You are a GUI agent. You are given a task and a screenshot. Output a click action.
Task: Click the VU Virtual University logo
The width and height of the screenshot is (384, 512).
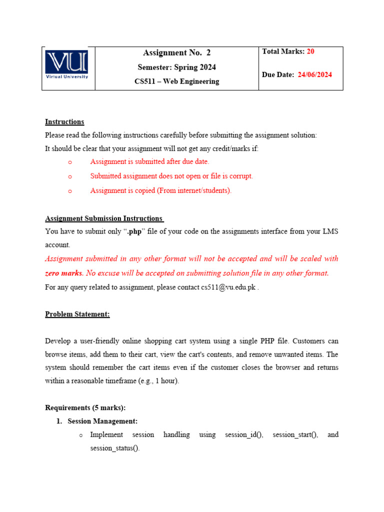coord(67,65)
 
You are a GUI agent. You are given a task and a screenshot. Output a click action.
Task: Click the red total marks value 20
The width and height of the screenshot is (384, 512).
coord(310,51)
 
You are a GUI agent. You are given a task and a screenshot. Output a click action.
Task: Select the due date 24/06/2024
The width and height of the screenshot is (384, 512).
coord(315,75)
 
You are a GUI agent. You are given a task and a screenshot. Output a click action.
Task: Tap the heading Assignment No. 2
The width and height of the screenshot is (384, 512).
coord(176,52)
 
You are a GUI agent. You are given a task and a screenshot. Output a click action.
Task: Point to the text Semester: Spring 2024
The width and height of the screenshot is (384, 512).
coord(176,67)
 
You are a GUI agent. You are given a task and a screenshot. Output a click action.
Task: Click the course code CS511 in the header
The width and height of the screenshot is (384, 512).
coord(144,81)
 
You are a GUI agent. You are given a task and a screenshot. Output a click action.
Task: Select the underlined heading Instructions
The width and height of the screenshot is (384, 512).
coord(64,121)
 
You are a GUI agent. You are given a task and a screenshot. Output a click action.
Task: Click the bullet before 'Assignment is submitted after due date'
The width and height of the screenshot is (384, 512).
coord(69,162)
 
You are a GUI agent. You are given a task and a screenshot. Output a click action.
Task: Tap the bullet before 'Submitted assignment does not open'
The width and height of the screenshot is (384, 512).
coord(69,176)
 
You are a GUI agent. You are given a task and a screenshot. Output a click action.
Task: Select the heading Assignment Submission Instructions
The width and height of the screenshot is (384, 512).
coord(103,218)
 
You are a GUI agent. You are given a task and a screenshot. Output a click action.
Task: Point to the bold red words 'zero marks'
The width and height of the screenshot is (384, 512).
coord(63,273)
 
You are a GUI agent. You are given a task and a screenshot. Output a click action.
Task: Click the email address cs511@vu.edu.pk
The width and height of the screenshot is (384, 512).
coord(228,287)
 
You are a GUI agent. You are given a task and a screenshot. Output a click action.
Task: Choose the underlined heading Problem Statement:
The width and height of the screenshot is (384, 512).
coord(77,314)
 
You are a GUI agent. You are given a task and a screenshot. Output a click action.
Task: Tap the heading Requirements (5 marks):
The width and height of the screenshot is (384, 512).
coord(85,407)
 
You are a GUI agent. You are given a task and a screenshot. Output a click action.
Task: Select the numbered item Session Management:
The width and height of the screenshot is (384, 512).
coord(102,421)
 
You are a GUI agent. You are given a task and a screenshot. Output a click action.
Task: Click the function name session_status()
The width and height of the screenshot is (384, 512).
coord(114,448)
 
